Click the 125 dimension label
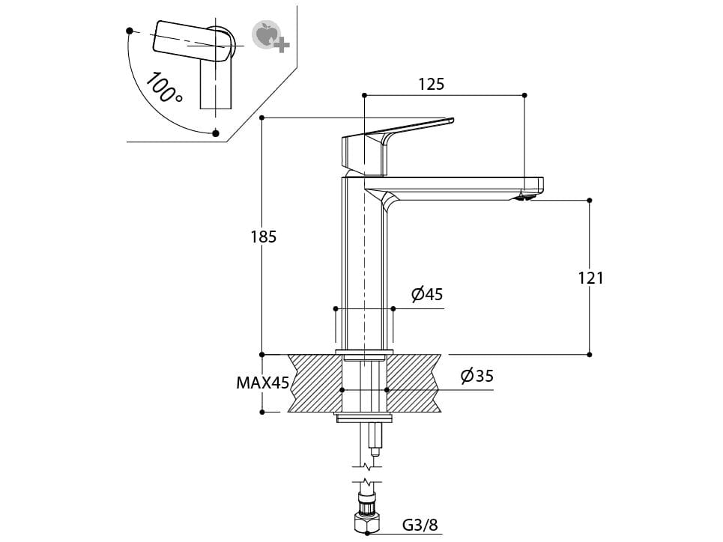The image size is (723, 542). tap(431, 84)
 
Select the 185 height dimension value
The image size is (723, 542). tap(263, 237)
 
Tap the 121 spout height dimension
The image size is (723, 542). tap(590, 278)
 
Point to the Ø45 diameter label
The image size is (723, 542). tap(427, 294)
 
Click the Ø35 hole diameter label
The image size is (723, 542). tap(477, 376)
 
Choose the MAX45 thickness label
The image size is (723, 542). tap(262, 383)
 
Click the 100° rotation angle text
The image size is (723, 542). tap(164, 88)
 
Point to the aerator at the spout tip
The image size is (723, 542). tap(527, 197)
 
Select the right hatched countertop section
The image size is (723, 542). tap(414, 383)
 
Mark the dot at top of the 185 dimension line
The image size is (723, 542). tap(261, 118)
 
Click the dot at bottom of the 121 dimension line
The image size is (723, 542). tap(590, 354)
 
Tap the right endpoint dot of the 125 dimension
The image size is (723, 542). tap(524, 95)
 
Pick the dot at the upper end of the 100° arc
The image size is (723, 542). tap(130, 31)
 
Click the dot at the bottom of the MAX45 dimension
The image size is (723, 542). tap(262, 412)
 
